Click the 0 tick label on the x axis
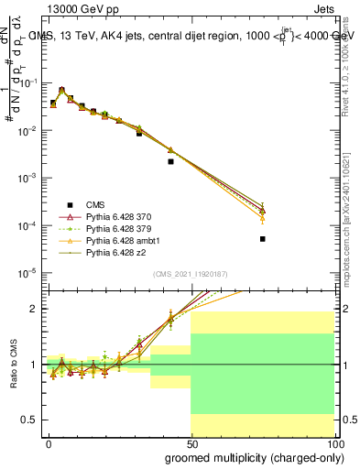49,442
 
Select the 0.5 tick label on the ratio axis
30,420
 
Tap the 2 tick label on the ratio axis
34,309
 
